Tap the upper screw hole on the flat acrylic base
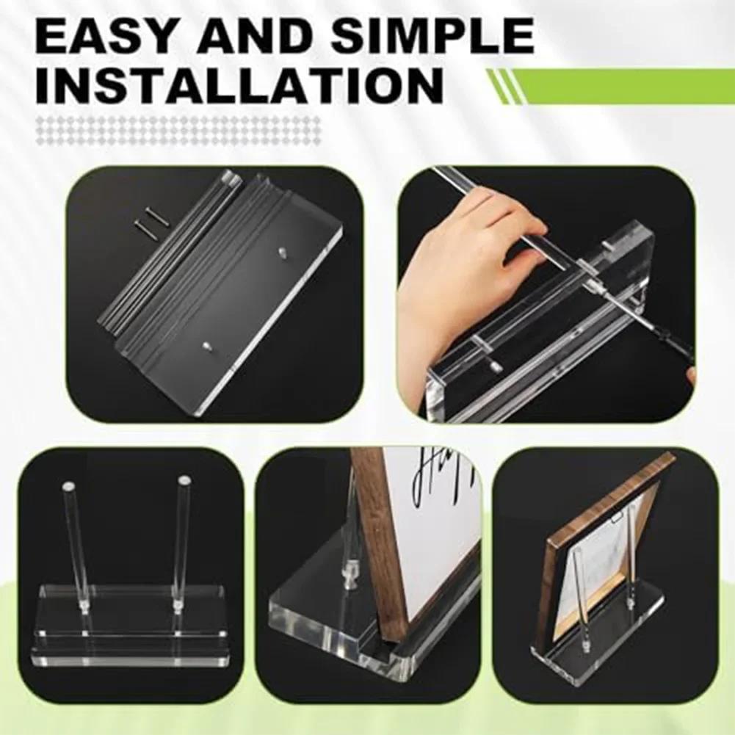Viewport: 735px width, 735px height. [x=283, y=251]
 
